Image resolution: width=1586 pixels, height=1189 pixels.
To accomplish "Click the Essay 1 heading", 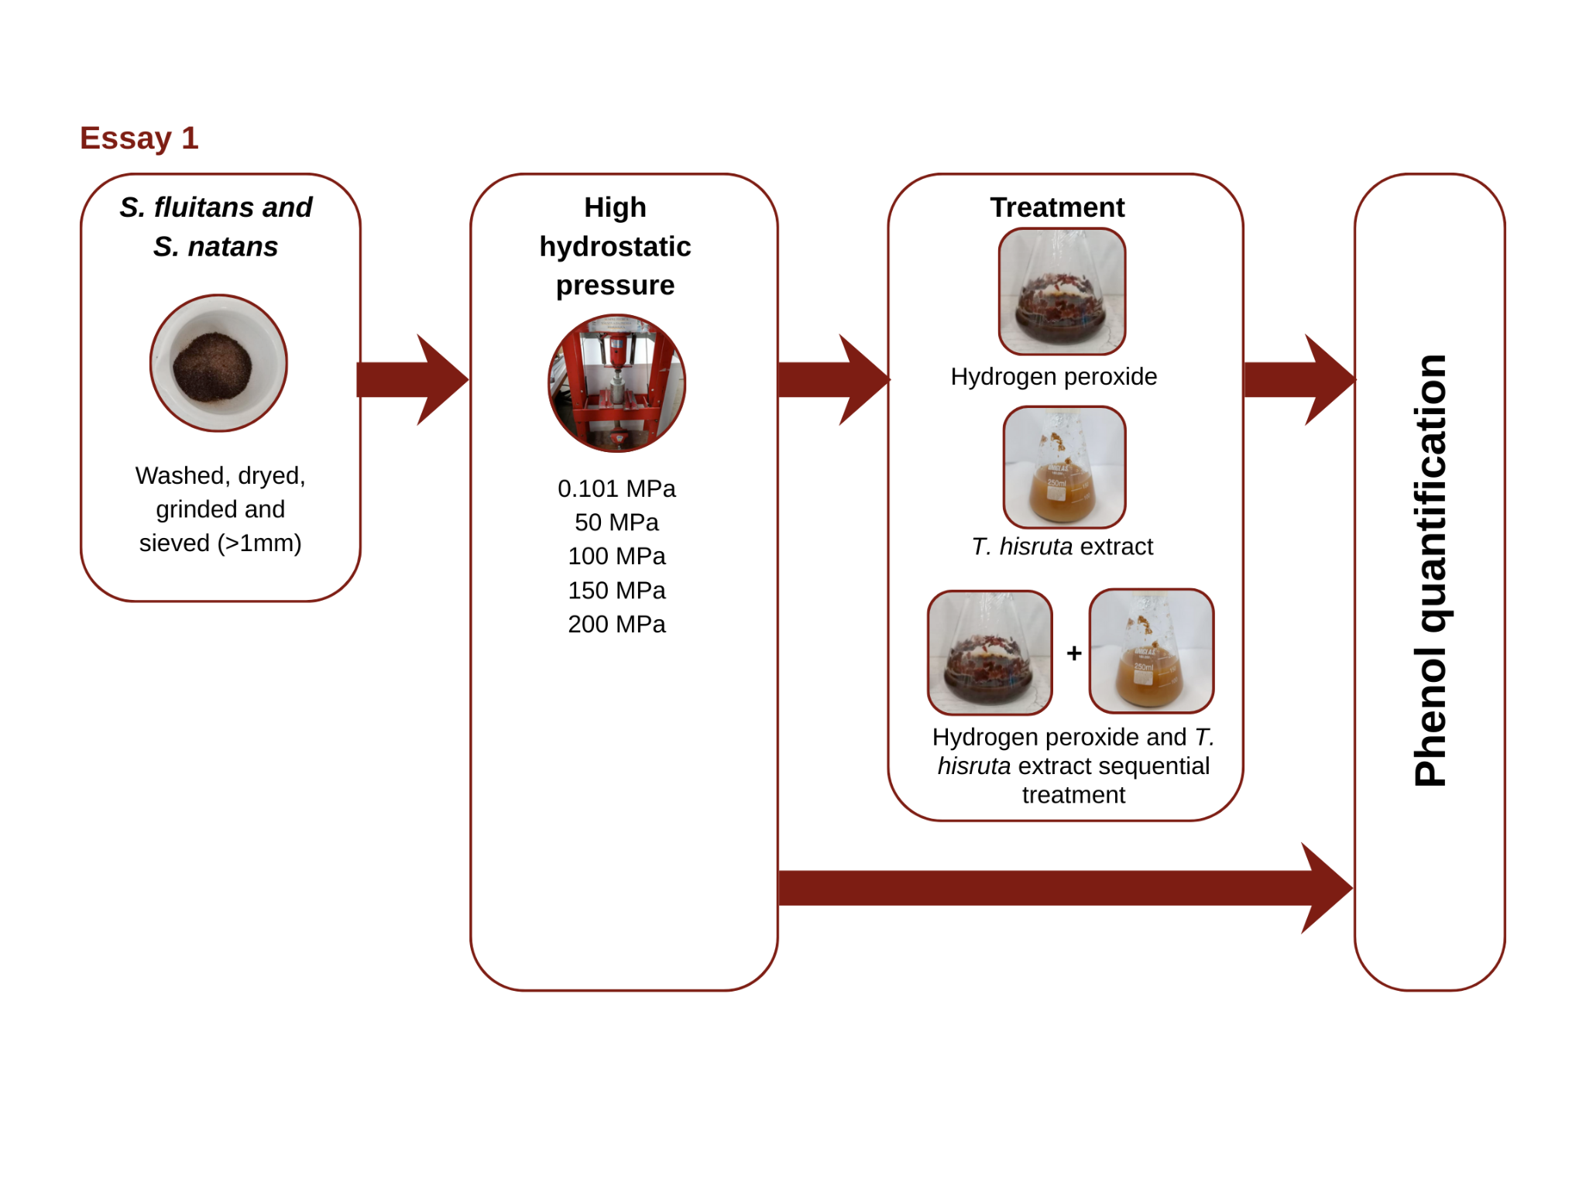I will pos(139,139).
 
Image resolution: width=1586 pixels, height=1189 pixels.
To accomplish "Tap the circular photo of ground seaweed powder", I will pos(218,363).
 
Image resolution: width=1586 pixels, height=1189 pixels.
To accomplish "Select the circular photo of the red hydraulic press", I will pos(616,383).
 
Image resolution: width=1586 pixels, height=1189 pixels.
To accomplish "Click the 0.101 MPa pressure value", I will pos(616,488).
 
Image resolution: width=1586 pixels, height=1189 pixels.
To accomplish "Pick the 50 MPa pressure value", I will pos(616,523).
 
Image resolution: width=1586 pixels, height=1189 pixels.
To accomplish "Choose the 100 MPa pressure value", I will pos(616,557).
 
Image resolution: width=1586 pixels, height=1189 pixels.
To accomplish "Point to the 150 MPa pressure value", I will pos(616,591).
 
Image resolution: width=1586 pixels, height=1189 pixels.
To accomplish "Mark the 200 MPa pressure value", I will pos(616,624).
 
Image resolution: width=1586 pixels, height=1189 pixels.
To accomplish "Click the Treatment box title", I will pos(1057,207).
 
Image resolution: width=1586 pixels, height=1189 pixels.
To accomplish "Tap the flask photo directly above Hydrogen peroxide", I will pos(1062,292).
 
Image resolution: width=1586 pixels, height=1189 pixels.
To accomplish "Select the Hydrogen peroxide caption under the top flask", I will pos(1053,377).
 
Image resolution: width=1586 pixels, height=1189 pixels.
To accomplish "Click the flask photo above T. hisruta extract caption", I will pos(1064,468).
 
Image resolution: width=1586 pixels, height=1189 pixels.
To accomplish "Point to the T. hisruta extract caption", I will pos(1062,547).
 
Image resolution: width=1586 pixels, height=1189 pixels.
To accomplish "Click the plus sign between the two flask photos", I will pos(1074,653).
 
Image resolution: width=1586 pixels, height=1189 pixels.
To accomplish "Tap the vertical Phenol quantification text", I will pos(1430,571).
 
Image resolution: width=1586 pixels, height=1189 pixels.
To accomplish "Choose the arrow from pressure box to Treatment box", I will pos(833,380).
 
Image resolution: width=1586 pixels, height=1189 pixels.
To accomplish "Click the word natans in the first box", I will pos(232,247).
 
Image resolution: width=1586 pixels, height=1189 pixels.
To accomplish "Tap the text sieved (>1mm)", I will pos(220,543).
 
